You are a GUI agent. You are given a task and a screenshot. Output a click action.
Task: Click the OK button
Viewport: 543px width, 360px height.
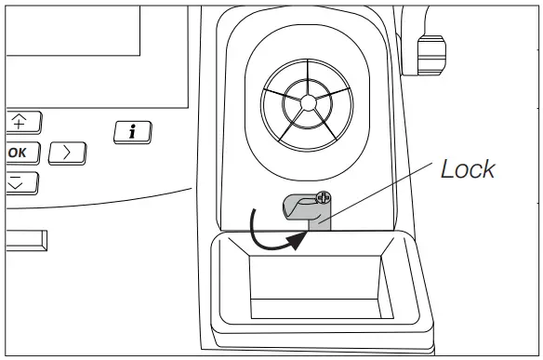click(x=17, y=152)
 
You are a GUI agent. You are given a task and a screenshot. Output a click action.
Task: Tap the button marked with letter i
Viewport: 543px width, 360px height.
click(x=133, y=133)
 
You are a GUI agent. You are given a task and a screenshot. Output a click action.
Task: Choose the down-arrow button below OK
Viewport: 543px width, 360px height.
click(x=17, y=181)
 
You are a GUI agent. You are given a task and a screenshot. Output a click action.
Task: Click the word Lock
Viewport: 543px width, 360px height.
click(x=468, y=169)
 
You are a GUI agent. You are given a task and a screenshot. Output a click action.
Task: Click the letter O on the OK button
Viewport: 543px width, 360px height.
click(x=11, y=152)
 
